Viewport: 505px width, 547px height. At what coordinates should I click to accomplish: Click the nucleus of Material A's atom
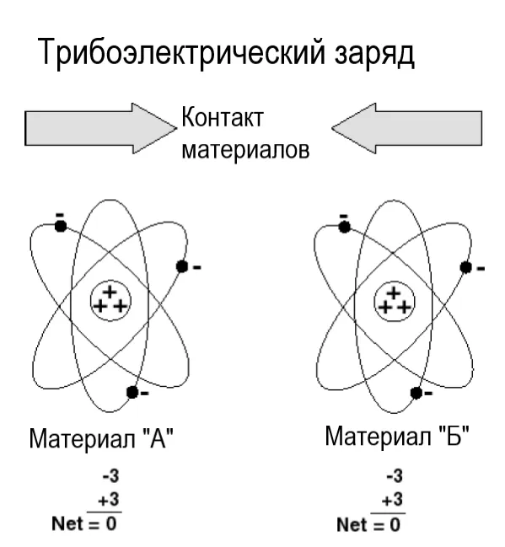pyautogui.click(x=110, y=299)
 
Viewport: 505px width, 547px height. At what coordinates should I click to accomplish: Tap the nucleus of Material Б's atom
pyautogui.click(x=394, y=300)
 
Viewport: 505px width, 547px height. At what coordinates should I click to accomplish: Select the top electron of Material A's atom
pyautogui.click(x=60, y=225)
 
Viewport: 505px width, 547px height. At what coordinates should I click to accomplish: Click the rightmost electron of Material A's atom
pyautogui.click(x=181, y=266)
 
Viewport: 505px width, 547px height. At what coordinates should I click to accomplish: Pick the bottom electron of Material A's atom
pyautogui.click(x=132, y=391)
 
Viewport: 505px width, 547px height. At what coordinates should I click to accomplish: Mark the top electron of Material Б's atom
pyautogui.click(x=343, y=226)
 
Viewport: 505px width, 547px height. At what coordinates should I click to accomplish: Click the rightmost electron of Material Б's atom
pyautogui.click(x=465, y=267)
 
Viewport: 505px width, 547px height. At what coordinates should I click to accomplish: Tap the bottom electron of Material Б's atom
pyautogui.click(x=416, y=392)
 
